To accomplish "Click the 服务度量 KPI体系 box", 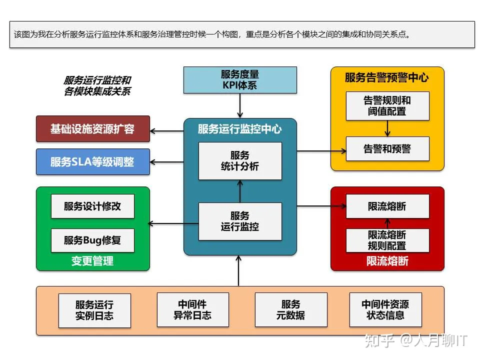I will [240, 80].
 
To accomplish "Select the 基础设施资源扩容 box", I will [92, 128].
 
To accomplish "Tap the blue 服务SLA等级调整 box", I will [92, 161].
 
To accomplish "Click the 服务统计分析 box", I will [240, 160].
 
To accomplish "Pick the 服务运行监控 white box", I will [240, 221].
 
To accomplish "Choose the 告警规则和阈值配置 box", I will [387, 105].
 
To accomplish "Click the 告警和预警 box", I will [387, 148].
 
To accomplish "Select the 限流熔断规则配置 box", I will [387, 240].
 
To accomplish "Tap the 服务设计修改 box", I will [92, 206].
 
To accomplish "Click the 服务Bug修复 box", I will [92, 240].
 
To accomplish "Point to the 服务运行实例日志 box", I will [94, 310].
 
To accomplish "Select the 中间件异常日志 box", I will [192, 310].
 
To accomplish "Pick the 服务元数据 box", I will [291, 310].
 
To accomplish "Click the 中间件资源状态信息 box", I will [385, 310].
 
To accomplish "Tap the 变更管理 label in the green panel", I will [92, 261].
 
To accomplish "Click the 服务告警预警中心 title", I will [387, 77].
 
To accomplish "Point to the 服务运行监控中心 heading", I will [240, 129].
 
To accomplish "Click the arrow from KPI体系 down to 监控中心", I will [240, 105].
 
